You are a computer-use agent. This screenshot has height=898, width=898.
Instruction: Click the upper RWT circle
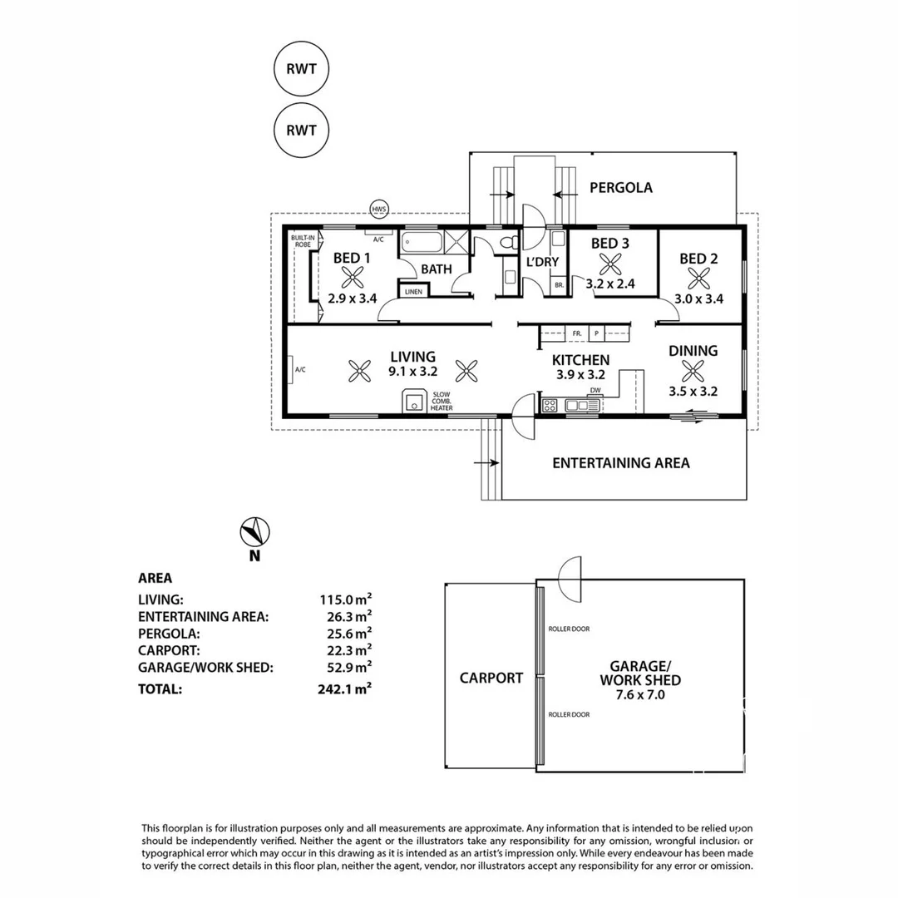coord(301,69)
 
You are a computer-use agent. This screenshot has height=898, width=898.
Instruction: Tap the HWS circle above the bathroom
coord(379,209)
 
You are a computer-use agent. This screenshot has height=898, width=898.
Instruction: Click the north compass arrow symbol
coord(255,532)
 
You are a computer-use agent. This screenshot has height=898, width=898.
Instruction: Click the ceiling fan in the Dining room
coord(693,370)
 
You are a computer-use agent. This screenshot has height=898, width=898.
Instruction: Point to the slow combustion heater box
coord(413,401)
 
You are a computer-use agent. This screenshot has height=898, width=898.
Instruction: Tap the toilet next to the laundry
coord(510,242)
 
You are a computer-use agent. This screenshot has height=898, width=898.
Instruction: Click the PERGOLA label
coord(620,188)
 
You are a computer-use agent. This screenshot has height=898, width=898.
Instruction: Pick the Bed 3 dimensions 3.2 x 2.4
coord(609,283)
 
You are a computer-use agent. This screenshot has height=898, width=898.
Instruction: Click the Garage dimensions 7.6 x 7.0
coord(639,695)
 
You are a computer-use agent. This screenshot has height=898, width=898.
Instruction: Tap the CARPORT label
coord(491,678)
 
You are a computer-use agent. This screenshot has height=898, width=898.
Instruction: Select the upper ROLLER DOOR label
coord(569,629)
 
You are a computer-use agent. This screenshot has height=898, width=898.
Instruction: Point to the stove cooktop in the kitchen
coord(550,406)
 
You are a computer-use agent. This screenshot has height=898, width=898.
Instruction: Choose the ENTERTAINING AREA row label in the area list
coord(203,616)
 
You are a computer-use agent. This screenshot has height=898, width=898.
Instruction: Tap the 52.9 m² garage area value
coord(350,666)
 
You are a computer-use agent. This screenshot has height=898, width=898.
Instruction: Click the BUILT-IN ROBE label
coord(301,241)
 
